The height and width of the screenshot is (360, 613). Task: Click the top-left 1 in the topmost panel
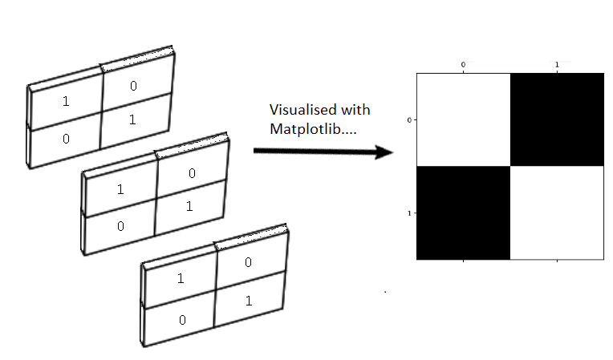tap(66, 103)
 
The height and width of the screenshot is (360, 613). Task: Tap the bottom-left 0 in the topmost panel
tap(66, 139)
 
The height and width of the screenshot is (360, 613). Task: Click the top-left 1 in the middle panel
tap(120, 190)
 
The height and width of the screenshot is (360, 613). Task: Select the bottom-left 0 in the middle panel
tap(120, 225)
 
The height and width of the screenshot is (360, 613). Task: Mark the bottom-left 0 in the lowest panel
tap(182, 319)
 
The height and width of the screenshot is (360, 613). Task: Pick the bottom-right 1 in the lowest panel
tap(248, 300)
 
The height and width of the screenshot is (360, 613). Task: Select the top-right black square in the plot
tap(556, 119)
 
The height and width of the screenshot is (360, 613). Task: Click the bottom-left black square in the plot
tap(463, 212)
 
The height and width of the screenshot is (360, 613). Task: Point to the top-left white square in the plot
tap(463, 119)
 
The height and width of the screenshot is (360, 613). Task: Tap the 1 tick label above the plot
tap(557, 64)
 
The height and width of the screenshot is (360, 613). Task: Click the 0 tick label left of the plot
tap(409, 120)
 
